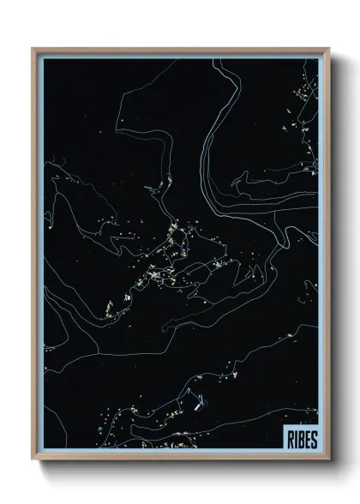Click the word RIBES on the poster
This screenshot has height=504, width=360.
[x=298, y=439]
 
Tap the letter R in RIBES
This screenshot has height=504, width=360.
[x=287, y=439]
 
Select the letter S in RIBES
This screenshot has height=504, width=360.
[x=311, y=439]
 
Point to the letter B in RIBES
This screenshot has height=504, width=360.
[x=298, y=439]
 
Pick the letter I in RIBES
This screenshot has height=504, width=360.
[x=292, y=439]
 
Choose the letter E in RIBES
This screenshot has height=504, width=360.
[x=304, y=439]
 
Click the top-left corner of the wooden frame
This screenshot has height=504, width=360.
[x=33, y=49]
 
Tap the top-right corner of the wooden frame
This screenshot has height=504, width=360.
[x=327, y=49]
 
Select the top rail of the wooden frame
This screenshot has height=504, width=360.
[x=180, y=50]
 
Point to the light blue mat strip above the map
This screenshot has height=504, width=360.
[x=180, y=55]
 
